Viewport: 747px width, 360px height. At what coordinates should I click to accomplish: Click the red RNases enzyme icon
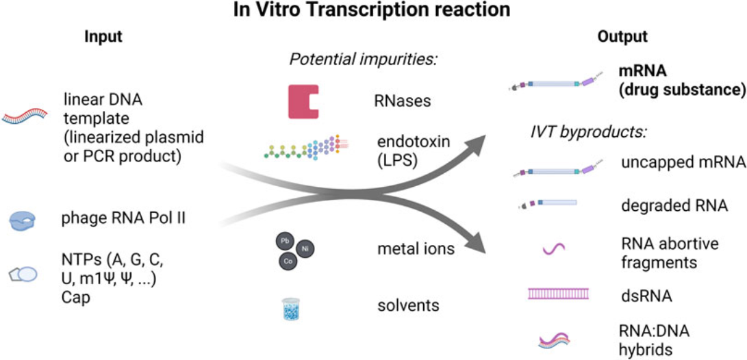pos(302,102)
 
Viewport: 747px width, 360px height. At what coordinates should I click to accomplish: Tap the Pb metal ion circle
pos(284,241)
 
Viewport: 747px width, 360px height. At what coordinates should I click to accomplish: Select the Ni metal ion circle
pos(305,250)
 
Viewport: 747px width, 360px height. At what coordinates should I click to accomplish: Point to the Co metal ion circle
pos(287,261)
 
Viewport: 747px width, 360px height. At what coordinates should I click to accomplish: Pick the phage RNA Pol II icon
pos(22,220)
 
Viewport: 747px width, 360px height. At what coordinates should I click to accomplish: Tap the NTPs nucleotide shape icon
pos(23,274)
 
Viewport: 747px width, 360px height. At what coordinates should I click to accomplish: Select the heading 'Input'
pos(103,37)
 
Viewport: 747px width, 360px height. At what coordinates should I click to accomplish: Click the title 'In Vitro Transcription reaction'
pos(374,11)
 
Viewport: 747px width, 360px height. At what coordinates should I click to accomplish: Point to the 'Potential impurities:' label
pos(364,60)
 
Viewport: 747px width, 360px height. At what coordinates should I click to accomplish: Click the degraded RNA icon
pos(546,203)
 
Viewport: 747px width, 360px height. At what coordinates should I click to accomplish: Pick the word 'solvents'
pos(407,305)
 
